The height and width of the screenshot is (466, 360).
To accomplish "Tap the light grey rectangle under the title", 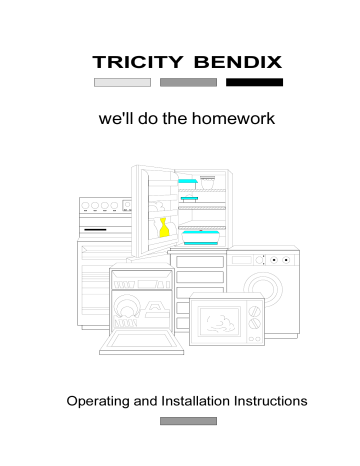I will (x=122, y=82).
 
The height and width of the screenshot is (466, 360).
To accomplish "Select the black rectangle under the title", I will (x=254, y=82).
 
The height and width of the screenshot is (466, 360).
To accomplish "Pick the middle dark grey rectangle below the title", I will (x=188, y=82).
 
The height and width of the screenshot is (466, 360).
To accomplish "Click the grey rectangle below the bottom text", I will (x=188, y=422).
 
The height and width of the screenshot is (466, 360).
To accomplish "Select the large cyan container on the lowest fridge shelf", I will (x=203, y=238).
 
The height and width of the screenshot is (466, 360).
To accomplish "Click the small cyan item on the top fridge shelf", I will (x=186, y=183).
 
